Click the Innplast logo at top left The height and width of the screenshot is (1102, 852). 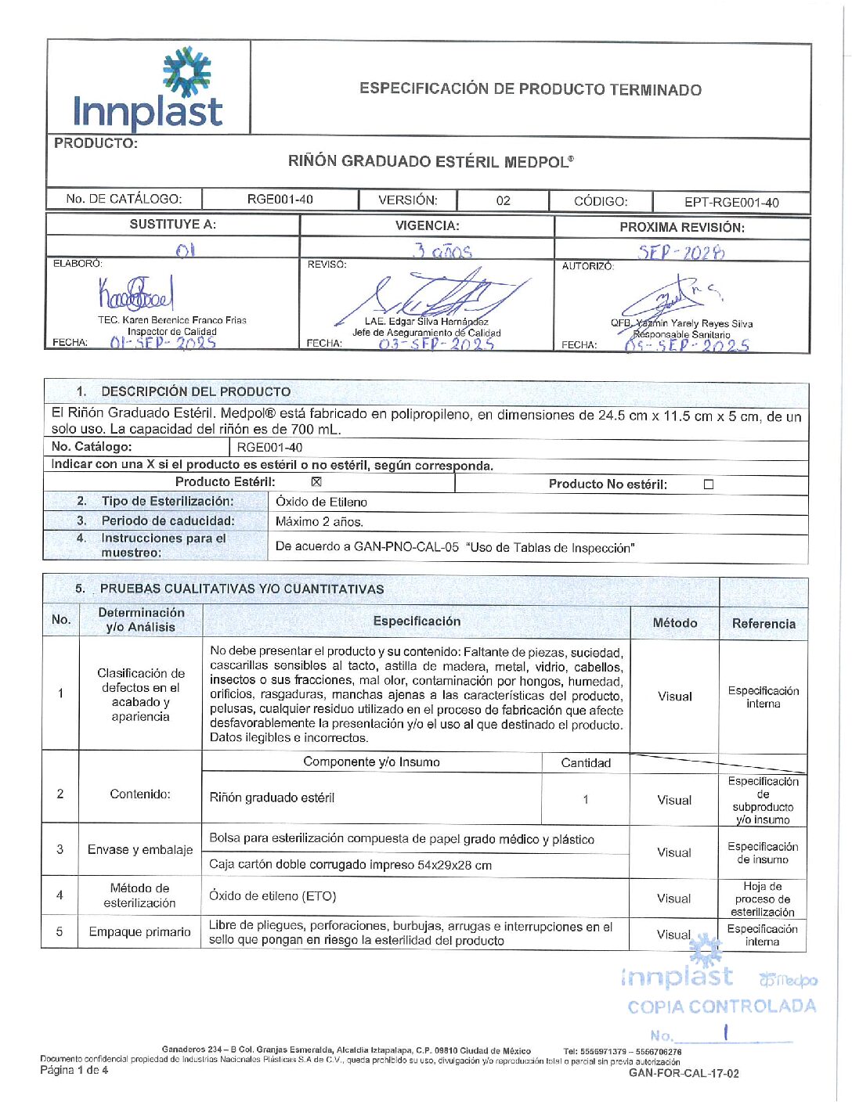(x=148, y=89)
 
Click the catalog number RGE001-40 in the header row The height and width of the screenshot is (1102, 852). (x=280, y=200)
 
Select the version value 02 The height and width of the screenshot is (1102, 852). (x=503, y=201)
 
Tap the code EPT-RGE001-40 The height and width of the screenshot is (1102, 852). (x=731, y=203)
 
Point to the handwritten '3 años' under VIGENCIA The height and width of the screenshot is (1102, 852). (x=443, y=251)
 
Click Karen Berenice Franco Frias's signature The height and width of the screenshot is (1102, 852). (x=135, y=294)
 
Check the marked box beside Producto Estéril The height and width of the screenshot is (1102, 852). (x=316, y=482)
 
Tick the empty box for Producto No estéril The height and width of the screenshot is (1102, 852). (x=709, y=484)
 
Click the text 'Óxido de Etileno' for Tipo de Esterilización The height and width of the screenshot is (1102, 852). (x=321, y=502)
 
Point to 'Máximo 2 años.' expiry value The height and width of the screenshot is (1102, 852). (x=319, y=522)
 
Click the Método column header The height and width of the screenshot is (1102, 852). (x=674, y=623)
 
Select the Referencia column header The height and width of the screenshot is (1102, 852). (x=764, y=624)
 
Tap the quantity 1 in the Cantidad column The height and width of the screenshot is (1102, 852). (x=586, y=799)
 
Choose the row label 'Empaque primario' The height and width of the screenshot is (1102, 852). (x=139, y=932)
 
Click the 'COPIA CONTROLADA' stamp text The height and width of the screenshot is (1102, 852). (x=721, y=1007)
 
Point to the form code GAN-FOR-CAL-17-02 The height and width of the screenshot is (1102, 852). (x=684, y=1074)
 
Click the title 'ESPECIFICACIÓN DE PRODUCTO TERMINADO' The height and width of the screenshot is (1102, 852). (x=530, y=89)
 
